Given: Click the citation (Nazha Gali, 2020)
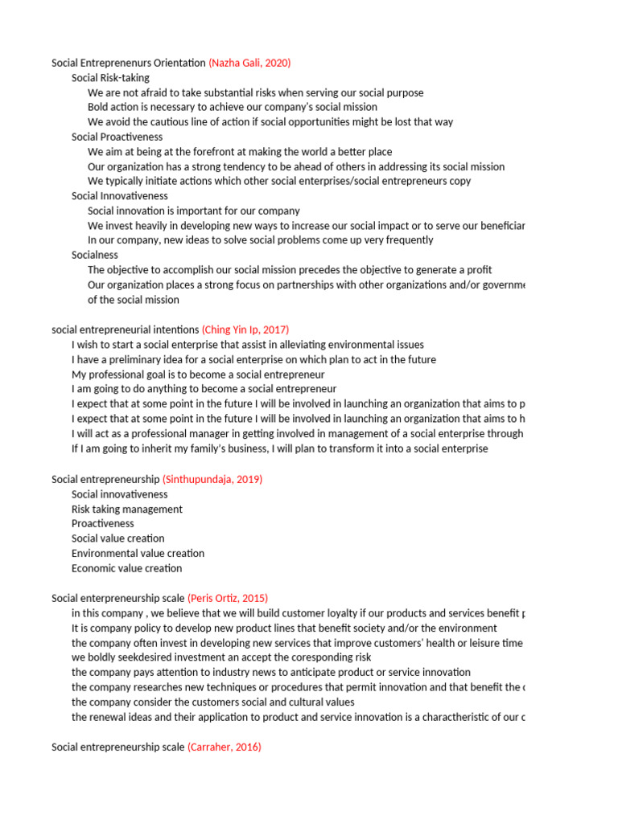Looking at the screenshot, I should [x=249, y=63].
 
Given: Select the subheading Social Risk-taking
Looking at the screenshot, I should [x=110, y=78].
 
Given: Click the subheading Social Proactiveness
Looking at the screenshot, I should [x=117, y=137].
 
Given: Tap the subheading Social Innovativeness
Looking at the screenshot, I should [x=119, y=195].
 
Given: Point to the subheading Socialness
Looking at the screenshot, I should [x=94, y=255].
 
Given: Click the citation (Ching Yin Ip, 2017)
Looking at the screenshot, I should [x=245, y=330].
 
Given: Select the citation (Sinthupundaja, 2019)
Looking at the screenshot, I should [x=212, y=479].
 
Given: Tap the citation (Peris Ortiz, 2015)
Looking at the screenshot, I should [x=228, y=598].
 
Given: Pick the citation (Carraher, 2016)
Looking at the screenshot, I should [x=225, y=747].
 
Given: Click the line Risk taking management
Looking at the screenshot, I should [x=126, y=509].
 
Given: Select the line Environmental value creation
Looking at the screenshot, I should [x=138, y=553].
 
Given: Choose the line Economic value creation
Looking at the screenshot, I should [x=126, y=568].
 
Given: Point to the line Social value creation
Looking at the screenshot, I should [x=117, y=538].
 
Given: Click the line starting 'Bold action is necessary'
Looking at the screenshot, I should [x=232, y=107].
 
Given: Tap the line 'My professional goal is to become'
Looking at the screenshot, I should [x=198, y=375].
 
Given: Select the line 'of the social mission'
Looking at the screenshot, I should [x=134, y=300].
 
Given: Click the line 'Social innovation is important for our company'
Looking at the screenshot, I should [x=193, y=211].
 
